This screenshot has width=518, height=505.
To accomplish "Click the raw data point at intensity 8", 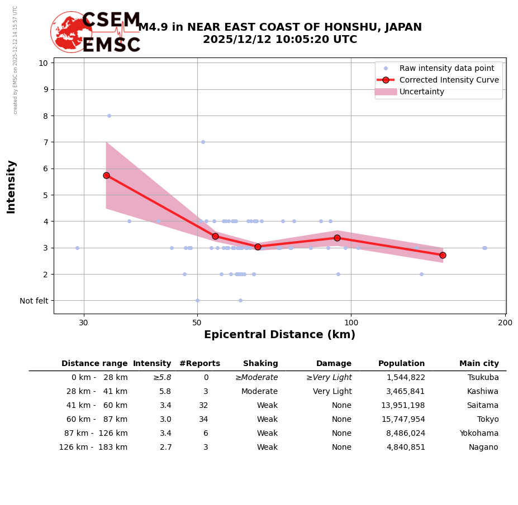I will [109, 116].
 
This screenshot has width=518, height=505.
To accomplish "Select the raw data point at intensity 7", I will [203, 142].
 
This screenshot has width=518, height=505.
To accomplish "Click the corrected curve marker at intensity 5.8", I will [106, 175].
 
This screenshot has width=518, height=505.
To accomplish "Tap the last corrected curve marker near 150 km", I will [443, 255].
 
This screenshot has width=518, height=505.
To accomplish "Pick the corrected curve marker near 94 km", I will [337, 238].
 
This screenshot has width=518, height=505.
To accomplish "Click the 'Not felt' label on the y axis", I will [34, 301].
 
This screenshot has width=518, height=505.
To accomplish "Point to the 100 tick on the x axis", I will [351, 323].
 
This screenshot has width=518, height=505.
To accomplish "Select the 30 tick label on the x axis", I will [84, 323].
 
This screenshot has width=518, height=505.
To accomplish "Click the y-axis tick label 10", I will [43, 62].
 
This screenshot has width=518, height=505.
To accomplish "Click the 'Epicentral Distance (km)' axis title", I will [279, 335].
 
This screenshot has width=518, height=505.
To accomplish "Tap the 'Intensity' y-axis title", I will [11, 186].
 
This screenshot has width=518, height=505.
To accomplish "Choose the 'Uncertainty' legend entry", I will [422, 92].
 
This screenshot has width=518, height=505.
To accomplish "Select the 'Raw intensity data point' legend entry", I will [446, 68].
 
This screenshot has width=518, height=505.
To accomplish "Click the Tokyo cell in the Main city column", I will [488, 420].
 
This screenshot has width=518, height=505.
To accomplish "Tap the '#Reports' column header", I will [199, 364].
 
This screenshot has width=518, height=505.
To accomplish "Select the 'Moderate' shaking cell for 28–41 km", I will [259, 392].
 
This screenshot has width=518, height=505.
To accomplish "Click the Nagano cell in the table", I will [483, 448].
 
